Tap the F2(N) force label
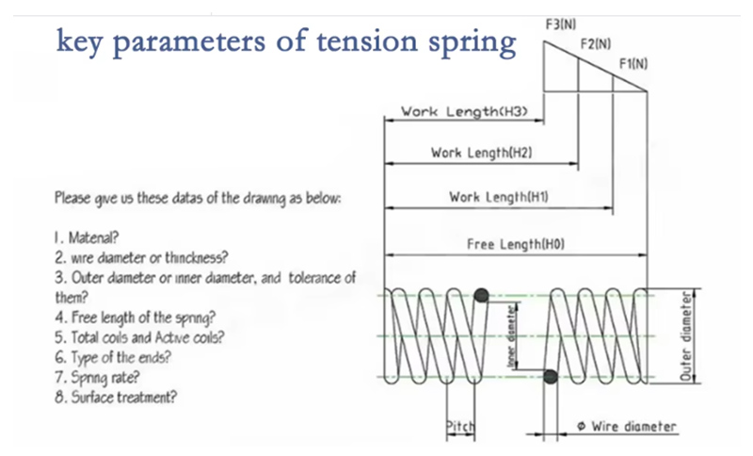coord(595,43)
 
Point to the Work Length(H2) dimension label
coord(483,152)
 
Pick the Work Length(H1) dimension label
coord(499,197)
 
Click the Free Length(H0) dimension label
coord(515,244)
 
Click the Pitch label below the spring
coord(460,428)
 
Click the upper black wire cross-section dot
coord(482,296)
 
